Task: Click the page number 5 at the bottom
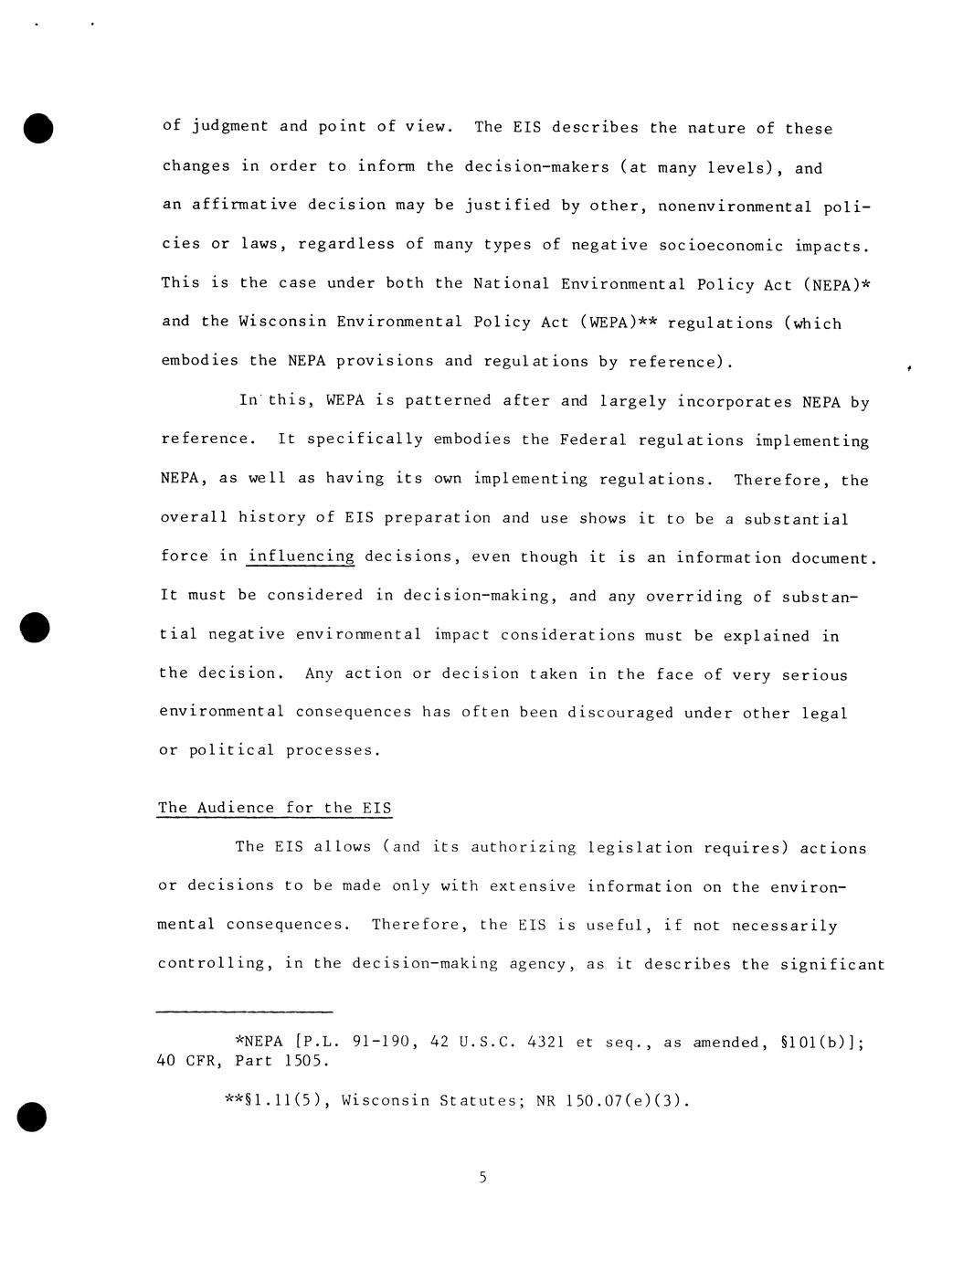point(482,1177)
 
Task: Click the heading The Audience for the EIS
point(275,808)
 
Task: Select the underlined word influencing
point(301,556)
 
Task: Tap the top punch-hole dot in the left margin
point(37,129)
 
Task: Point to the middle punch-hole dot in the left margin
point(35,629)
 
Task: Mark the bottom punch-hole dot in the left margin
point(32,1117)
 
